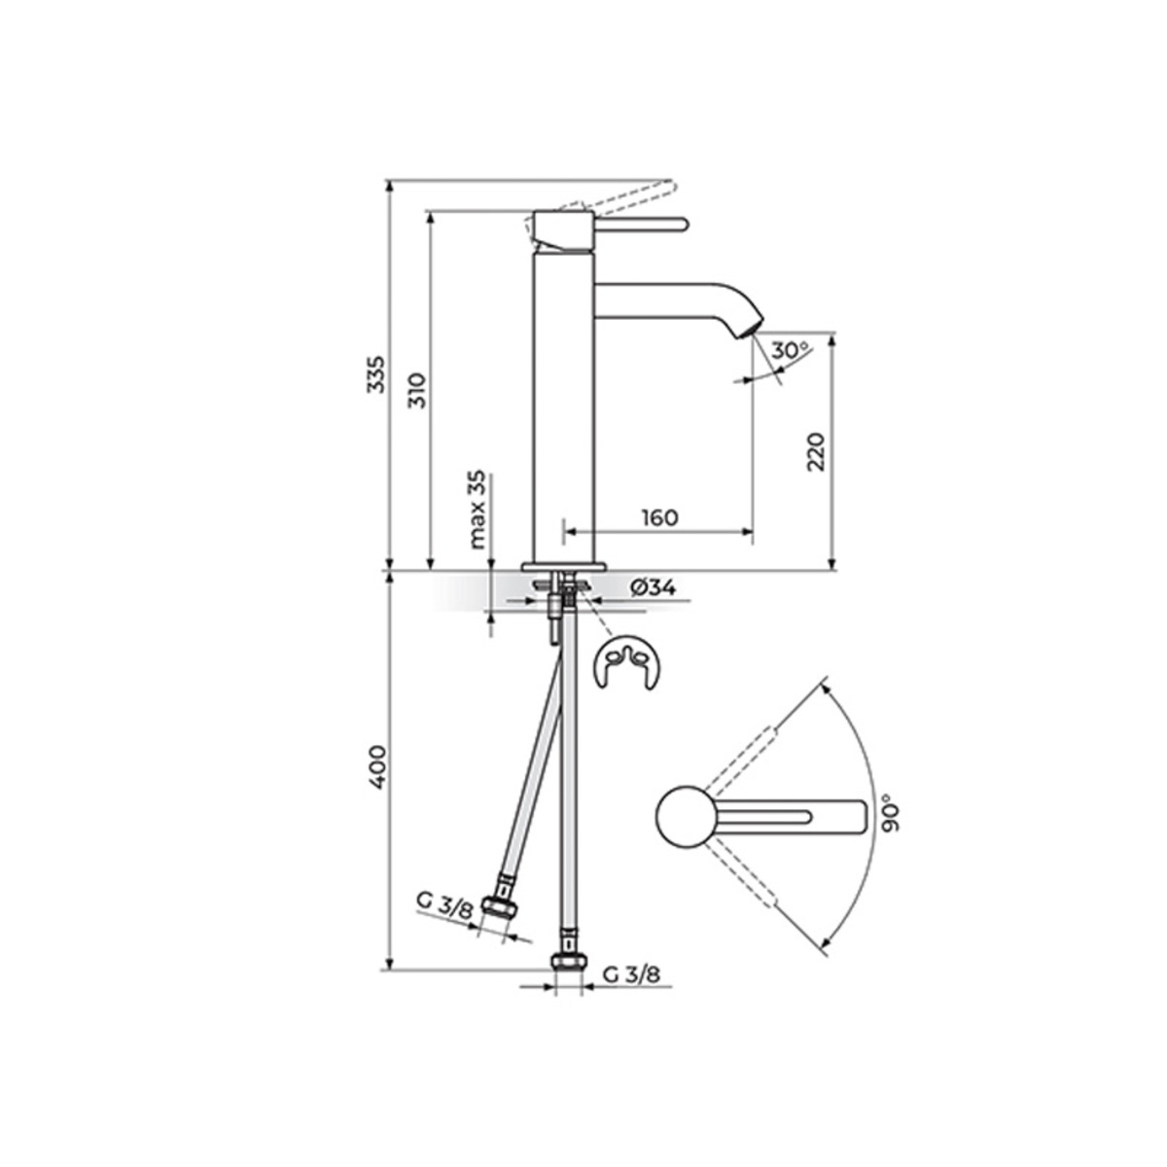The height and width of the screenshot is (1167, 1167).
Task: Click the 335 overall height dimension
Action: click(374, 373)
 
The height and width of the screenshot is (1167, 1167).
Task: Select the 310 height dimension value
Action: click(419, 390)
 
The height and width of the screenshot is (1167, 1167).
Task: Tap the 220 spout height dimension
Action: click(816, 451)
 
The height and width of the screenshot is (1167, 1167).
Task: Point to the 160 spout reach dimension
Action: click(659, 517)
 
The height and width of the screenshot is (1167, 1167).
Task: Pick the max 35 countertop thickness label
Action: click(478, 510)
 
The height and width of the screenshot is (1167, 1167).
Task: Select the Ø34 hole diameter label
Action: click(653, 586)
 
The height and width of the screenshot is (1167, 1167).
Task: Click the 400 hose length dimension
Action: click(376, 784)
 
